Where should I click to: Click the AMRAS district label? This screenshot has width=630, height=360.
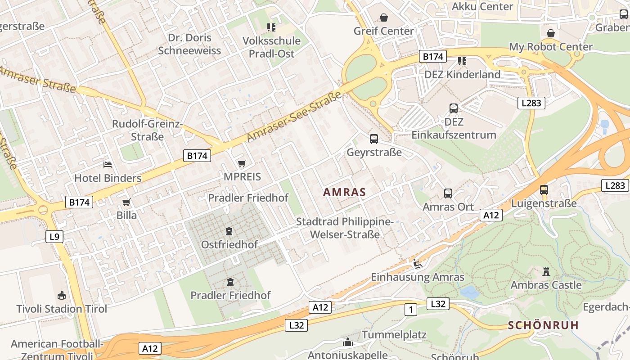(x=344, y=192)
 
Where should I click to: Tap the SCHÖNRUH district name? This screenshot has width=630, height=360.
(x=543, y=325)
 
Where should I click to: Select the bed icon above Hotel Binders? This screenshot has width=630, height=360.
(x=108, y=165)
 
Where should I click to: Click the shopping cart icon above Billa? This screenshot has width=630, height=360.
(x=126, y=202)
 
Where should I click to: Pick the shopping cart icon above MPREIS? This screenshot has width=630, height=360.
(x=242, y=163)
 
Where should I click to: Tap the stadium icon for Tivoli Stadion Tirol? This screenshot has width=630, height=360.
(x=62, y=296)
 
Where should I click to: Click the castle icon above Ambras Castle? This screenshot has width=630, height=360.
(x=546, y=272)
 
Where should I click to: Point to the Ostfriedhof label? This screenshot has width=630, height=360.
(x=229, y=245)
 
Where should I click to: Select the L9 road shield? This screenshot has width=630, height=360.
(x=54, y=237)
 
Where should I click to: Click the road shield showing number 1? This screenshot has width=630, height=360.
(x=410, y=310)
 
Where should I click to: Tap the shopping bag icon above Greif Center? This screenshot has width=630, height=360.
(x=384, y=18)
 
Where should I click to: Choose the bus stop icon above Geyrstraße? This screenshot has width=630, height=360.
(x=374, y=139)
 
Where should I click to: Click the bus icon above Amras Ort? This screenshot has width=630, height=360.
(x=448, y=193)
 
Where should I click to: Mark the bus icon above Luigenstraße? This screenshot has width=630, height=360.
(x=544, y=190)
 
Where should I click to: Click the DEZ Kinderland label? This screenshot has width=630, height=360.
(x=462, y=74)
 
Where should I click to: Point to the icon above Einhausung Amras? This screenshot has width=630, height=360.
(x=417, y=264)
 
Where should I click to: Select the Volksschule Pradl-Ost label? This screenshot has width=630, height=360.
(x=271, y=47)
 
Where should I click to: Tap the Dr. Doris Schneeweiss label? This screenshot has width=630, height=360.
(x=189, y=44)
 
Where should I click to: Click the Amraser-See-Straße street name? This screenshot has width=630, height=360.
(x=294, y=116)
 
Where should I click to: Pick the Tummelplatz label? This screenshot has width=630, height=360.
(x=394, y=335)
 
